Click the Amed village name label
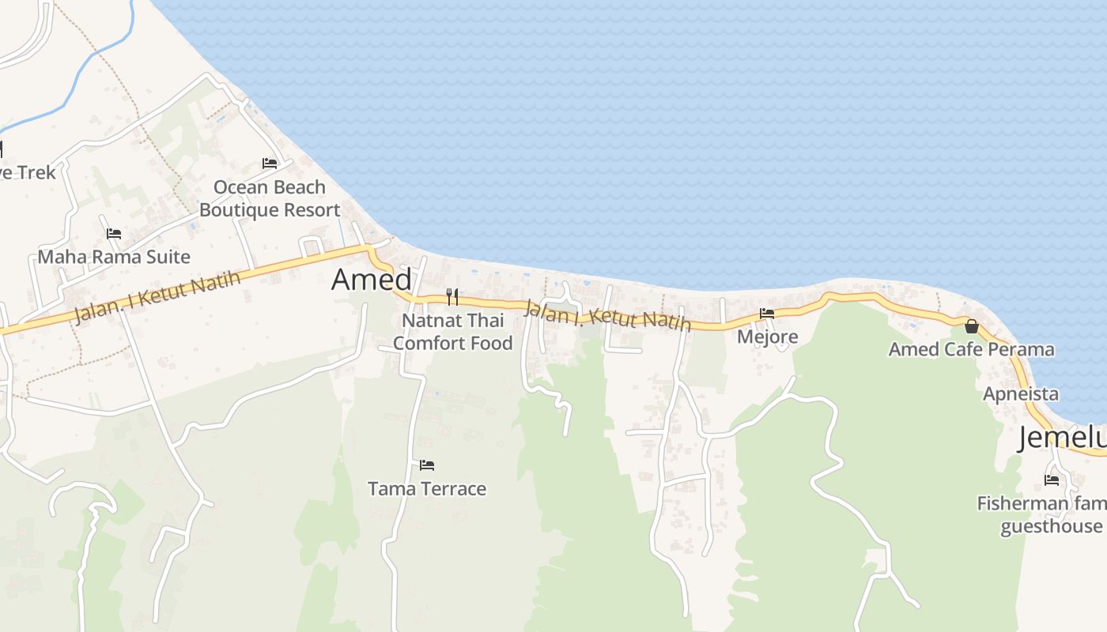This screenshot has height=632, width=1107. click(x=372, y=280)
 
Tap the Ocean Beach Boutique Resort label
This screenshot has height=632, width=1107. click(x=270, y=198)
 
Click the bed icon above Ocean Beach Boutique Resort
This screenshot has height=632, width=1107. click(x=270, y=164)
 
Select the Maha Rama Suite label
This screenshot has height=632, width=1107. click(x=114, y=257)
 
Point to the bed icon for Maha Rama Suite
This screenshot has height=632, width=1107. click(x=114, y=234)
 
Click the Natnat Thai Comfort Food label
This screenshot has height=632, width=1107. click(x=452, y=332)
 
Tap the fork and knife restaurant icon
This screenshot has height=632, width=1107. click(x=452, y=297)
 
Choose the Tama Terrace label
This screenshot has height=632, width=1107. click(x=427, y=489)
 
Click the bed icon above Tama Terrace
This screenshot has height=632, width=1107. click(x=427, y=465)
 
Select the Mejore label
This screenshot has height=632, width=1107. click(x=767, y=337)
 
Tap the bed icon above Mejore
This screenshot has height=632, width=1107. click(x=767, y=314)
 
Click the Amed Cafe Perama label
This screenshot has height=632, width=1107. click(x=971, y=349)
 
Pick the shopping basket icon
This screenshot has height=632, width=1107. click(x=972, y=325)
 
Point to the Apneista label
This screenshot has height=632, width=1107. click(x=1020, y=393)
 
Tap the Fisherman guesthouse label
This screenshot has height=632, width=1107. click(x=1041, y=515)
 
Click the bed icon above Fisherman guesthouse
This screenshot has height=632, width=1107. click(x=1052, y=480)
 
